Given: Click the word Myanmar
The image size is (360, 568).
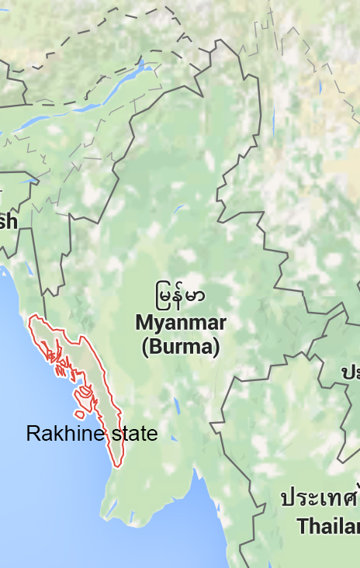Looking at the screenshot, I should click(181, 323).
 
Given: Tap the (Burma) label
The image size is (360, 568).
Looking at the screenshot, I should click(181, 346).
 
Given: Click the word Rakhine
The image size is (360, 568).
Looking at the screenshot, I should click(64, 434).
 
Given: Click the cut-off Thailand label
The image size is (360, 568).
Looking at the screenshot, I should click(328, 526).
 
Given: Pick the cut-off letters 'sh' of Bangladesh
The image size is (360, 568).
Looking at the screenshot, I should click(8, 222).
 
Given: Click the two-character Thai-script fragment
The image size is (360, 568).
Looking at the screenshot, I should click(350, 372).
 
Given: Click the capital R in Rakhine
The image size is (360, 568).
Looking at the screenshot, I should click(33, 434).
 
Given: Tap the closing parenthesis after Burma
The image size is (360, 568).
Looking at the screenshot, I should click(216, 346).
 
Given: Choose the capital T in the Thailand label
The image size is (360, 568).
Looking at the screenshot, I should click(303, 526).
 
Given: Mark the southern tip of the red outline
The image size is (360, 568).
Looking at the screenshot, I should click(118, 466).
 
